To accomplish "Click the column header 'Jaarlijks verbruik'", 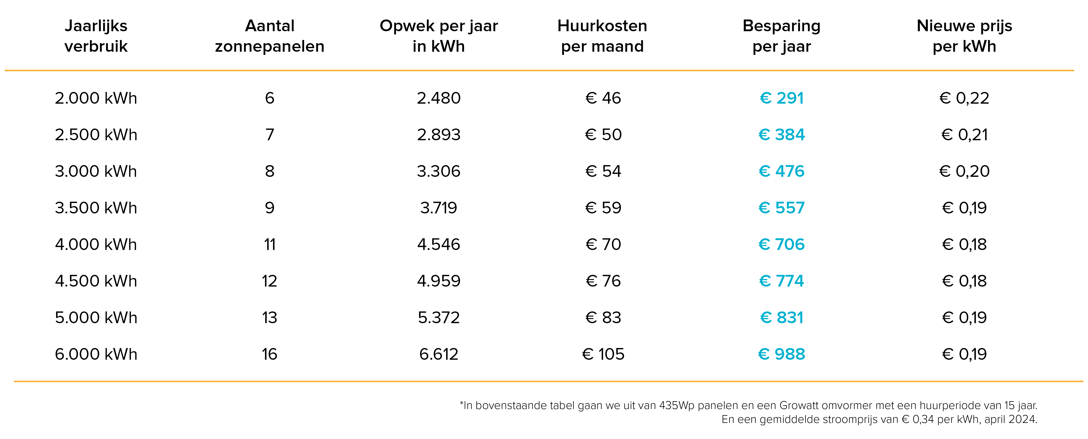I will tap(96, 36).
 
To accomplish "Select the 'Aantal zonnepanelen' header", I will tap(269, 36).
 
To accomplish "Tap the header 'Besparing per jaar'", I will tap(781, 36).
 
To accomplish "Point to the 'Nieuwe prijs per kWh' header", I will tap(964, 36).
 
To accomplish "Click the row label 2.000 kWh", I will tap(96, 98).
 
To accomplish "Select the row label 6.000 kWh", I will tap(96, 354).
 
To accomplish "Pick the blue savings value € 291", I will tap(781, 98).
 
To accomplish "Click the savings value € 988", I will tap(781, 354).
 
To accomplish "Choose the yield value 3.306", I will tap(438, 171).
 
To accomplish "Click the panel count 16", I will tap(269, 354).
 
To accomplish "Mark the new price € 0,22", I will tap(964, 98).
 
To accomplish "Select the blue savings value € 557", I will tap(781, 208).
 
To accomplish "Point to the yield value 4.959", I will tap(438, 281).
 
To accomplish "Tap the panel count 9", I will tap(269, 208).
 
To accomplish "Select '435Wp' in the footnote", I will tap(677, 406).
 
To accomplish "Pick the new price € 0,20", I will tap(964, 171).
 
